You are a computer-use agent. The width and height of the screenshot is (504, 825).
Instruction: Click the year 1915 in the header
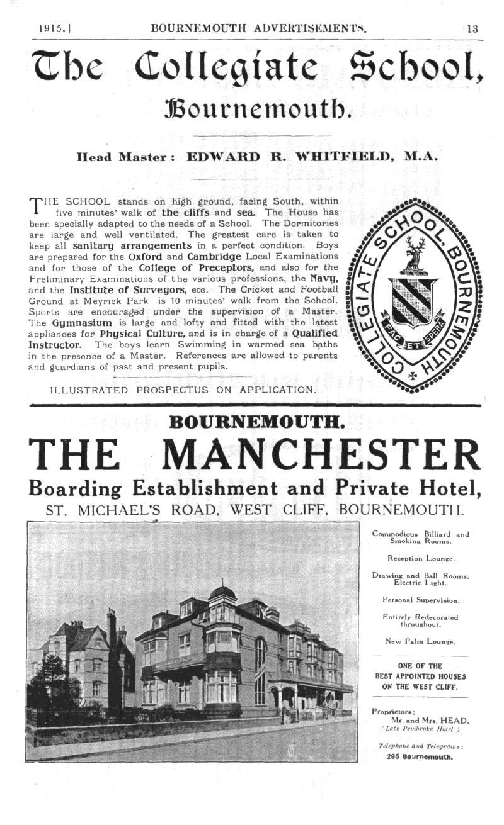tap(49, 28)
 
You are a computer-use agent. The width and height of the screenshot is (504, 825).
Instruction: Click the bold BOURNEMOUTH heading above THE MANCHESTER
tap(256, 420)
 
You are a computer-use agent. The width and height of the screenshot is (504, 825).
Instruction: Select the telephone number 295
tap(394, 757)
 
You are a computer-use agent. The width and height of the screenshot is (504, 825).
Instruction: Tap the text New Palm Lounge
tap(420, 641)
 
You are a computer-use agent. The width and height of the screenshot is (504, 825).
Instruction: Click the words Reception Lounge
tap(420, 558)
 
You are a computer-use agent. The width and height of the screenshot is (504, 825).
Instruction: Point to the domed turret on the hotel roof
tap(222, 593)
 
